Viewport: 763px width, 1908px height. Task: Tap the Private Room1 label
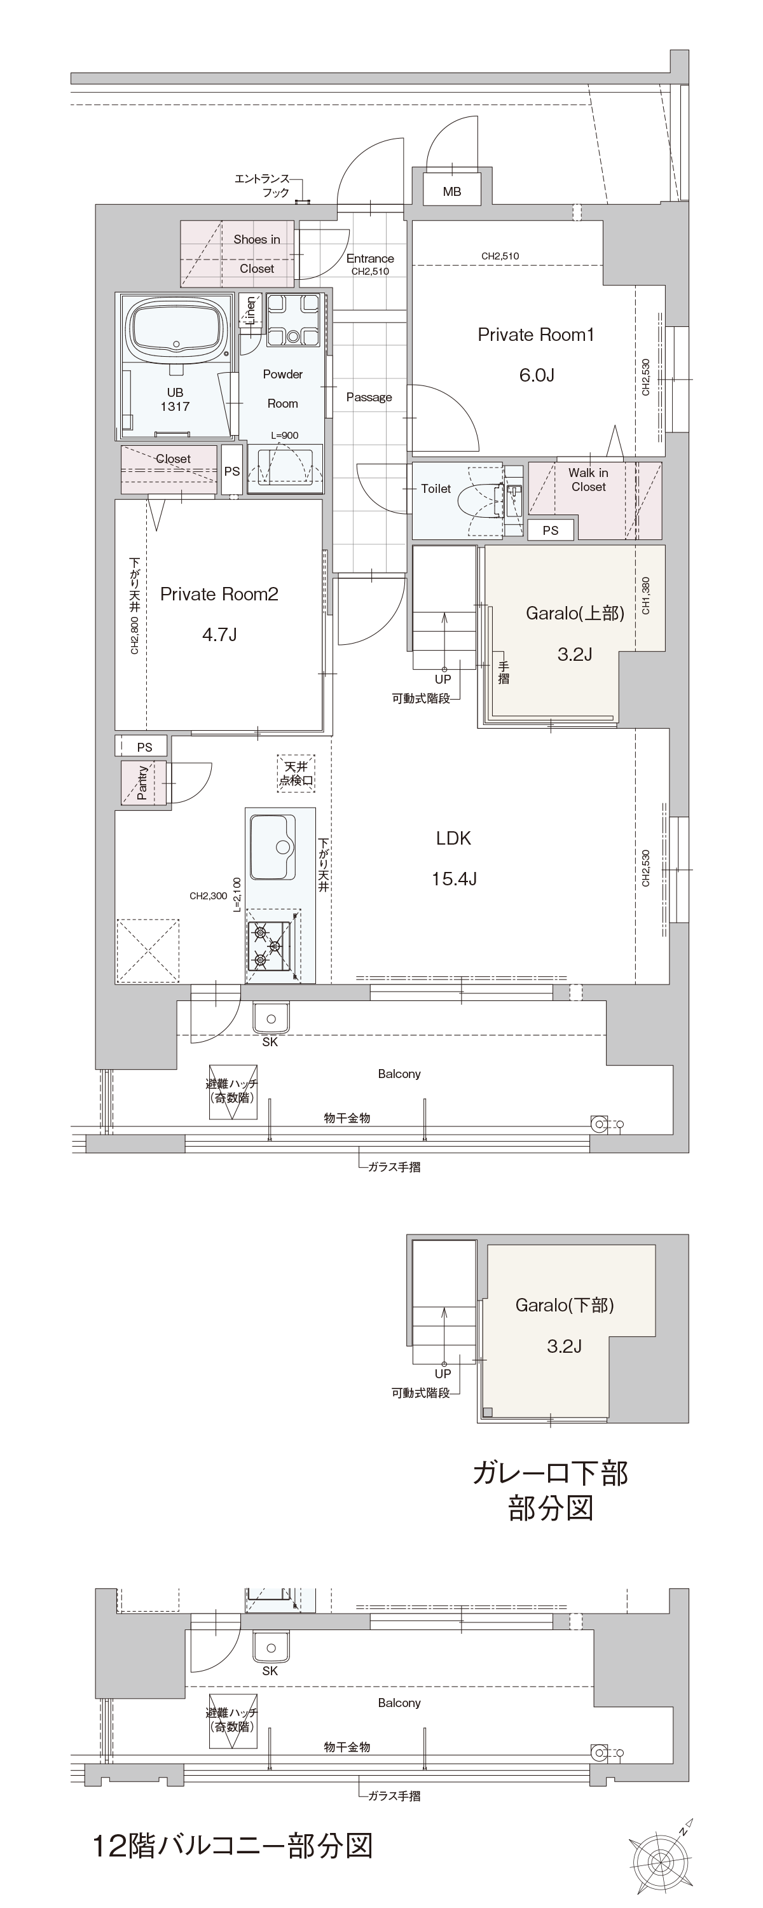tap(535, 335)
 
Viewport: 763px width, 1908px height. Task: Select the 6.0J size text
tap(536, 375)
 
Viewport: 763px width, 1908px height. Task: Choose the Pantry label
tap(142, 783)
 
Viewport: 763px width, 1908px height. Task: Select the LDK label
tap(453, 838)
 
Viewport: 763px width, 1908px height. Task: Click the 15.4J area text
tap(453, 878)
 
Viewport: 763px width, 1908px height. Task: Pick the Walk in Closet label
tap(588, 480)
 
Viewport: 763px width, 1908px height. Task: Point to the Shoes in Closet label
tap(256, 254)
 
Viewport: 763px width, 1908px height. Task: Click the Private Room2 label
tap(219, 594)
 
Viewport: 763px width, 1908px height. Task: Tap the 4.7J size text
tap(219, 634)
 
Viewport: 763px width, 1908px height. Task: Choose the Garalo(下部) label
tap(565, 1305)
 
